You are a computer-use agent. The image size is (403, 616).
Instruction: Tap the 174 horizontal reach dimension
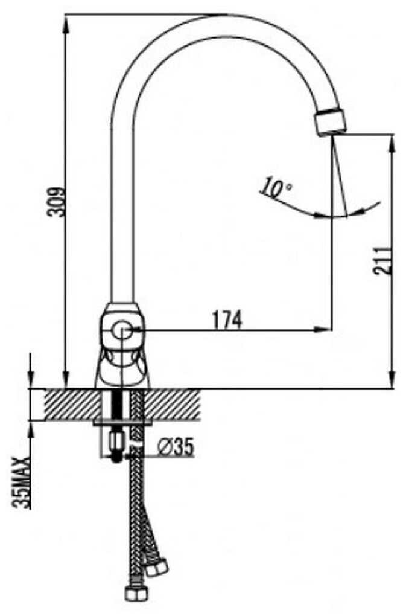tap(227, 319)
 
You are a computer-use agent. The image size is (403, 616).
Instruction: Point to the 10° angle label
tap(275, 188)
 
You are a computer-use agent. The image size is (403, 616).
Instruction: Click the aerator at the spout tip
tap(331, 120)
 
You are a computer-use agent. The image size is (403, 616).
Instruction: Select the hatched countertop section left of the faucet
tap(66, 403)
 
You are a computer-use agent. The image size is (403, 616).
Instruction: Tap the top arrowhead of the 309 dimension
tap(65, 21)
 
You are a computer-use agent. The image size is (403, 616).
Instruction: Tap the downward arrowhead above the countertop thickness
tap(31, 380)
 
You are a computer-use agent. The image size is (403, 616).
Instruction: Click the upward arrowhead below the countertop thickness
tap(31, 429)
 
